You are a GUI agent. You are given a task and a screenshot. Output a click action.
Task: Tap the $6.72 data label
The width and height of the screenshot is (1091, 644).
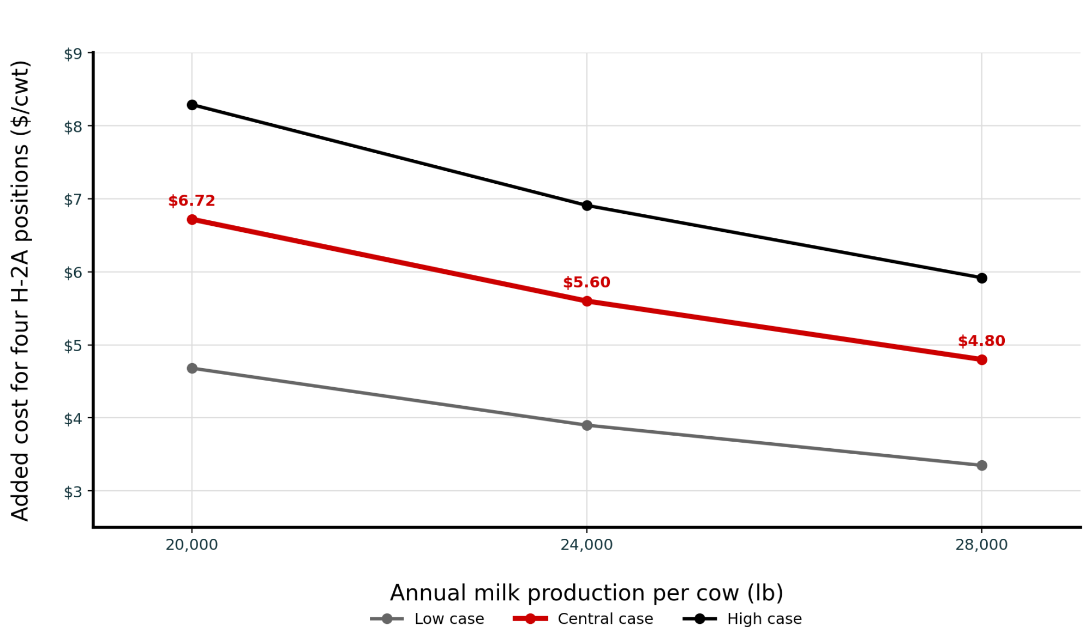pyautogui.click(x=191, y=201)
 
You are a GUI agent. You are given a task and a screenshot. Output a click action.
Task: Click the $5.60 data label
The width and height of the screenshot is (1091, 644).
pyautogui.click(x=586, y=282)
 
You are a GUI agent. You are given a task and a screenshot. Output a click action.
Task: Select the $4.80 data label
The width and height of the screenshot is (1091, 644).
pyautogui.click(x=981, y=341)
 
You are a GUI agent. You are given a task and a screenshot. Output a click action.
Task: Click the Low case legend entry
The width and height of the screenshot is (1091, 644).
pyautogui.click(x=427, y=619)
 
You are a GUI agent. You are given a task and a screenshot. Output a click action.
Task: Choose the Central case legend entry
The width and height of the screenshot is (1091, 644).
pyautogui.click(x=583, y=619)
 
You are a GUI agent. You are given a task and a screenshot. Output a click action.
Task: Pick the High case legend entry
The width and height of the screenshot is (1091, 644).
pyautogui.click(x=742, y=619)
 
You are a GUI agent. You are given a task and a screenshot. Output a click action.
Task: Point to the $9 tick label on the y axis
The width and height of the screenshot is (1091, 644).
pyautogui.click(x=73, y=54)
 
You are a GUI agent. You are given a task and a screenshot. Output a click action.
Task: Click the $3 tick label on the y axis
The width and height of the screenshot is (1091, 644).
pyautogui.click(x=73, y=492)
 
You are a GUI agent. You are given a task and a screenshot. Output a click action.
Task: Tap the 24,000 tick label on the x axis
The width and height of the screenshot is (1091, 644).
pyautogui.click(x=586, y=545)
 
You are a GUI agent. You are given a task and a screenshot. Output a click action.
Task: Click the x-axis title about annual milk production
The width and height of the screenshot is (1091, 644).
pyautogui.click(x=586, y=593)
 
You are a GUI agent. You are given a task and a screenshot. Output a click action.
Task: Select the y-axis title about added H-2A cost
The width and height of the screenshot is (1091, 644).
pyautogui.click(x=20, y=291)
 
